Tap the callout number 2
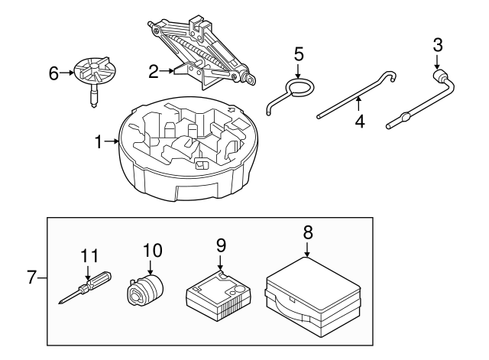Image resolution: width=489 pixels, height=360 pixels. pos(154,72)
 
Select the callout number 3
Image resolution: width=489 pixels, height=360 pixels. pos(437,44)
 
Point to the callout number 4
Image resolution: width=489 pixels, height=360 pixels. pos(359,120)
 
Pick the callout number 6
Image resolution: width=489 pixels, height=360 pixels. pos(53,73)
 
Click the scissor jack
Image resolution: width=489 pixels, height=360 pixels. pos(202,50)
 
